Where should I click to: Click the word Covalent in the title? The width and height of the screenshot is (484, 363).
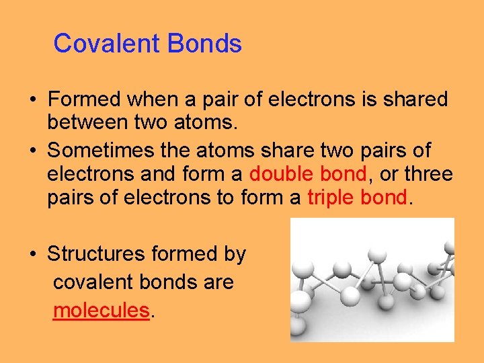coord(108,44)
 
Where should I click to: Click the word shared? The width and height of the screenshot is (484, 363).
coord(415,99)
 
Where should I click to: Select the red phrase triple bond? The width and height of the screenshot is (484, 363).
coord(357,199)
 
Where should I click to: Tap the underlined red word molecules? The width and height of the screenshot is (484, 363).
coord(101,310)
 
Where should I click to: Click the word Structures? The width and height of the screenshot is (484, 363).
coord(97,254)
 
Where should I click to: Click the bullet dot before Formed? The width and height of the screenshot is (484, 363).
coord(32,100)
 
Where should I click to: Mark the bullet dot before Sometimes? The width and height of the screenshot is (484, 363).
coord(32,150)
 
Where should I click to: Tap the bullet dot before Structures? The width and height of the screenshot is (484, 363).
coord(32,255)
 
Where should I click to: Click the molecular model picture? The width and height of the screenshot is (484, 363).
coord(372,280)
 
